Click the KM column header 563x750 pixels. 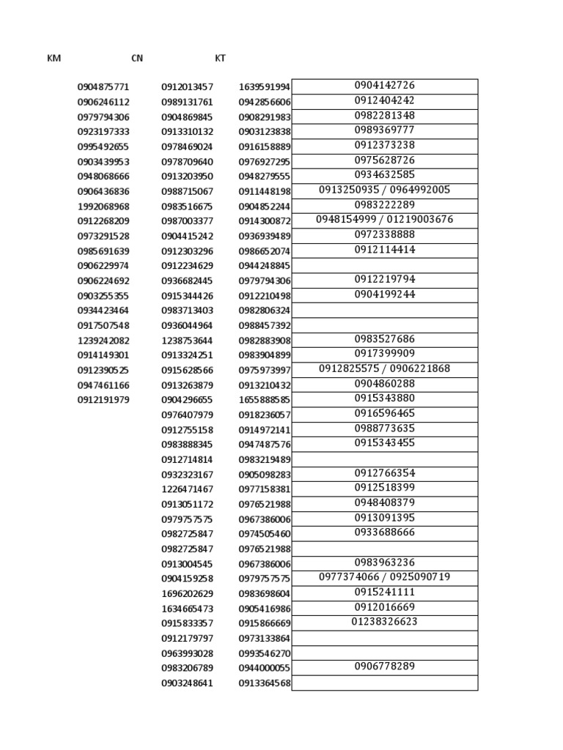point(54,58)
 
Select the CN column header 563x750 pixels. point(137,58)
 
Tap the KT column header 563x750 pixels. point(221,58)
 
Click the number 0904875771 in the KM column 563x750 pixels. point(103,87)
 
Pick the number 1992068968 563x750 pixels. point(103,207)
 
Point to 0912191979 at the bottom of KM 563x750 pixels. point(103,400)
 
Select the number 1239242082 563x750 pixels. point(103,341)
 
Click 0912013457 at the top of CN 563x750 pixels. point(187,87)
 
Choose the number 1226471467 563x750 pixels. point(187,489)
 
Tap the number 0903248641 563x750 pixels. point(187,683)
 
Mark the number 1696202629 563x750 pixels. point(187,594)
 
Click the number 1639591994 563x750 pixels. point(265,87)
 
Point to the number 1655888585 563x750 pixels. point(265,400)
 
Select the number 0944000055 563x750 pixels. point(265,668)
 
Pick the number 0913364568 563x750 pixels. point(265,683)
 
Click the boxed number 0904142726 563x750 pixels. point(385,86)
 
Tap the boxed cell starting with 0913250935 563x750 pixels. point(385,190)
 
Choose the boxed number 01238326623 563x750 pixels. point(385,622)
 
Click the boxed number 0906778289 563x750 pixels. point(385,667)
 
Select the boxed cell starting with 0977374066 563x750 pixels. point(385,577)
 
